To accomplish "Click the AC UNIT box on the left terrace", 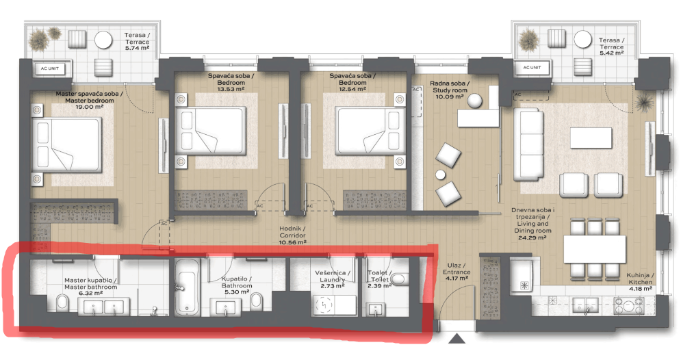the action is click(x=50, y=68).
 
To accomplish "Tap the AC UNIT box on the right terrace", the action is click(x=532, y=68).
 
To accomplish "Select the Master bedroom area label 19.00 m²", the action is click(x=90, y=107).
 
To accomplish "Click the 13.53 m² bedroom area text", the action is click(x=231, y=89).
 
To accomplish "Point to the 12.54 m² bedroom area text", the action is click(x=352, y=89).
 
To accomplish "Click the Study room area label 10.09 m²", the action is click(x=450, y=97).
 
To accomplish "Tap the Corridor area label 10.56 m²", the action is click(x=292, y=242).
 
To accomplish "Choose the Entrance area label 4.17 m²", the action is click(x=457, y=279).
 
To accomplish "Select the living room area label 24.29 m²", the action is click(x=532, y=237).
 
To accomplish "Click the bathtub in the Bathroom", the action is click(x=186, y=288).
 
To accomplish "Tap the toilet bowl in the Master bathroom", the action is click(x=62, y=303).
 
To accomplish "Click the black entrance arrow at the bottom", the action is click(x=457, y=339).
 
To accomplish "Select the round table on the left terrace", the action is click(x=104, y=40).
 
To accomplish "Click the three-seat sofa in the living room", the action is click(x=528, y=144).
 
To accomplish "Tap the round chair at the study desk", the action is click(x=474, y=101).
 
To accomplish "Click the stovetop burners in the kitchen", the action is click(x=628, y=305).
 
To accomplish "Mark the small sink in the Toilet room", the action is click(x=375, y=309).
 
